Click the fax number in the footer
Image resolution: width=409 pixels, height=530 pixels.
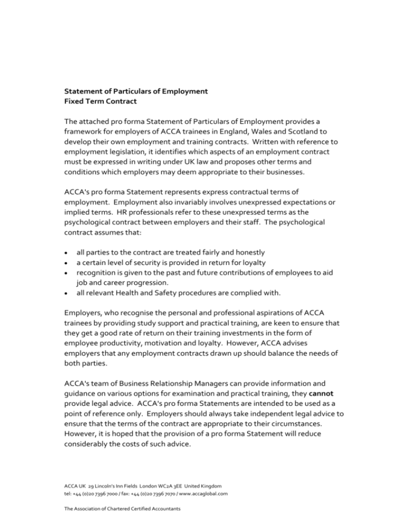(160, 494)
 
